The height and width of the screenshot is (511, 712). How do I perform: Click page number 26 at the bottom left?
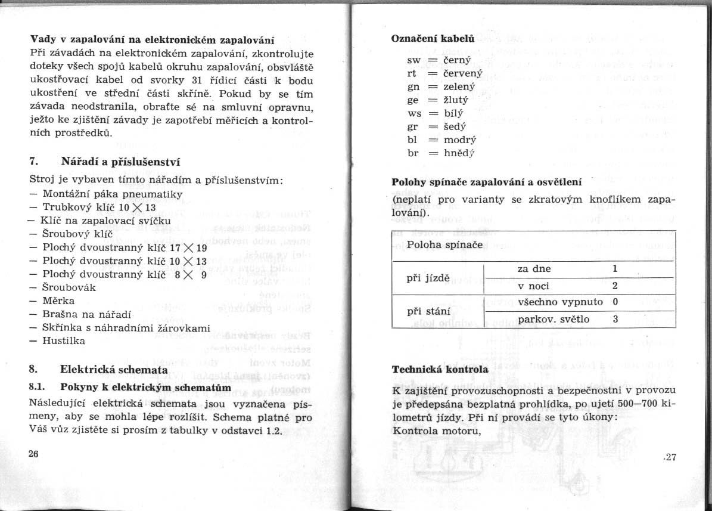(33, 454)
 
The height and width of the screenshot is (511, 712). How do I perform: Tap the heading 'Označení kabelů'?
(424, 38)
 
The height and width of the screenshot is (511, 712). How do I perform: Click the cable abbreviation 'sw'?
(414, 60)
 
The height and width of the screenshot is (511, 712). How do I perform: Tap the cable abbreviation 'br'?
(413, 153)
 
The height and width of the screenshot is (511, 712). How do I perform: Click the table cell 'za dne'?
(534, 269)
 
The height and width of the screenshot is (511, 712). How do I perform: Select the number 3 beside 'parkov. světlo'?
(615, 319)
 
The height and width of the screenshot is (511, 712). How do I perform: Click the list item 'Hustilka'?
(64, 341)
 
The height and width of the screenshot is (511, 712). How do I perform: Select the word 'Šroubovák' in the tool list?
(70, 287)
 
